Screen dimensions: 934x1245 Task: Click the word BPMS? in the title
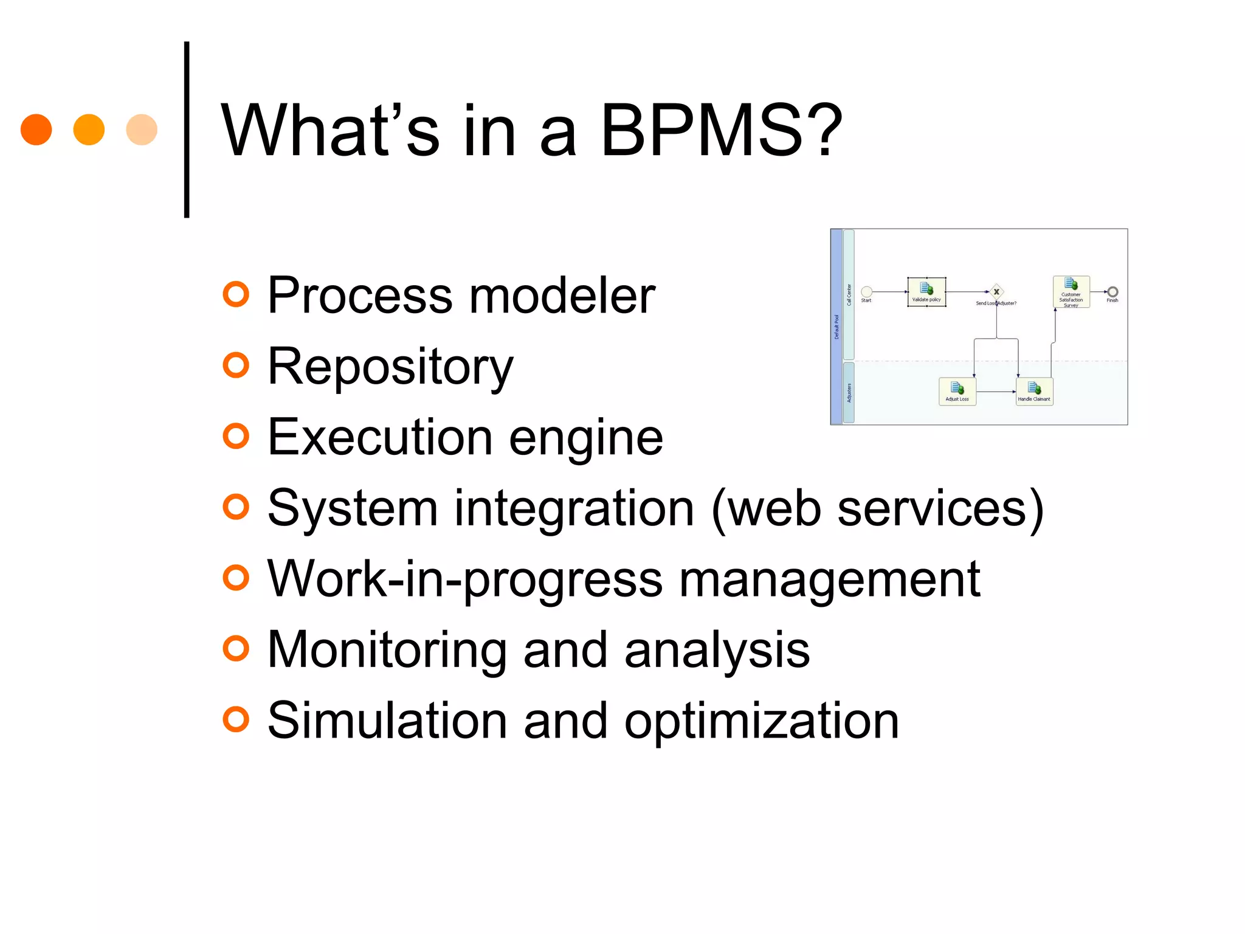click(x=721, y=131)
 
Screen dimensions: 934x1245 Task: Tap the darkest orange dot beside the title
click(x=36, y=130)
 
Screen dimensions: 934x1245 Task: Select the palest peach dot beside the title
click(x=142, y=130)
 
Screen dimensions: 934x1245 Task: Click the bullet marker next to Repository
click(x=236, y=365)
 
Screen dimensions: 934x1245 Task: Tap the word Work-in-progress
click(x=465, y=579)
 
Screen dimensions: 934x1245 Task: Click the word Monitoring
click(x=387, y=650)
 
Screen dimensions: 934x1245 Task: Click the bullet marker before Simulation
click(x=236, y=719)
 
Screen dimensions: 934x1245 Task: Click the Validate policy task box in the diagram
click(x=926, y=292)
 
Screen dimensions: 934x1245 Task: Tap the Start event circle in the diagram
click(x=867, y=292)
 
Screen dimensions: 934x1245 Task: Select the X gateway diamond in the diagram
click(x=996, y=292)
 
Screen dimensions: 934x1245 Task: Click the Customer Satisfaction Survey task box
click(x=1071, y=292)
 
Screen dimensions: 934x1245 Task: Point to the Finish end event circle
click(x=1112, y=292)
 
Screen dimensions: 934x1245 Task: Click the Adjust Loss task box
click(x=957, y=391)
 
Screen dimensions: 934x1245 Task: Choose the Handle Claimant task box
click(x=1034, y=391)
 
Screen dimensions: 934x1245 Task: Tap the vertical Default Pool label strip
click(x=836, y=327)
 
